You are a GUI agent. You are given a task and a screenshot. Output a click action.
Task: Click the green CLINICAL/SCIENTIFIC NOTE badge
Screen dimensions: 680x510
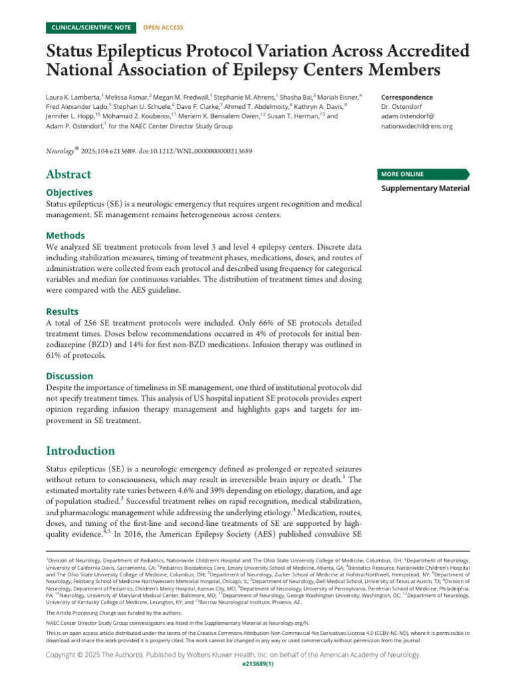(x=90, y=27)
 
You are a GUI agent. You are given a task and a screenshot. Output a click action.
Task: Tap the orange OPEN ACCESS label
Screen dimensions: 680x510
(x=163, y=27)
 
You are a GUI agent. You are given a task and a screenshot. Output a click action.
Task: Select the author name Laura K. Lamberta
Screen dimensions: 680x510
(x=72, y=98)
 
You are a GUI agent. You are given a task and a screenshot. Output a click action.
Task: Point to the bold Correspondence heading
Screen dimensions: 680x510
(x=407, y=98)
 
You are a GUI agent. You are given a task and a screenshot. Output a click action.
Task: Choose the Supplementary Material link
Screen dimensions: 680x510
(x=425, y=189)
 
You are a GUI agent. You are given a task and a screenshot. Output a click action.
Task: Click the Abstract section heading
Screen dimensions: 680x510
(x=68, y=175)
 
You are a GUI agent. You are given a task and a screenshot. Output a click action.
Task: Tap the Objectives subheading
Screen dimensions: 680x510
(x=69, y=192)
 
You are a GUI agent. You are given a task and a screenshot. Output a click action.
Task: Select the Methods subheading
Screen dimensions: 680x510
(x=65, y=235)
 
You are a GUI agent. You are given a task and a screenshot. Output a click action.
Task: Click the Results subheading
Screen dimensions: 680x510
(x=62, y=311)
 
